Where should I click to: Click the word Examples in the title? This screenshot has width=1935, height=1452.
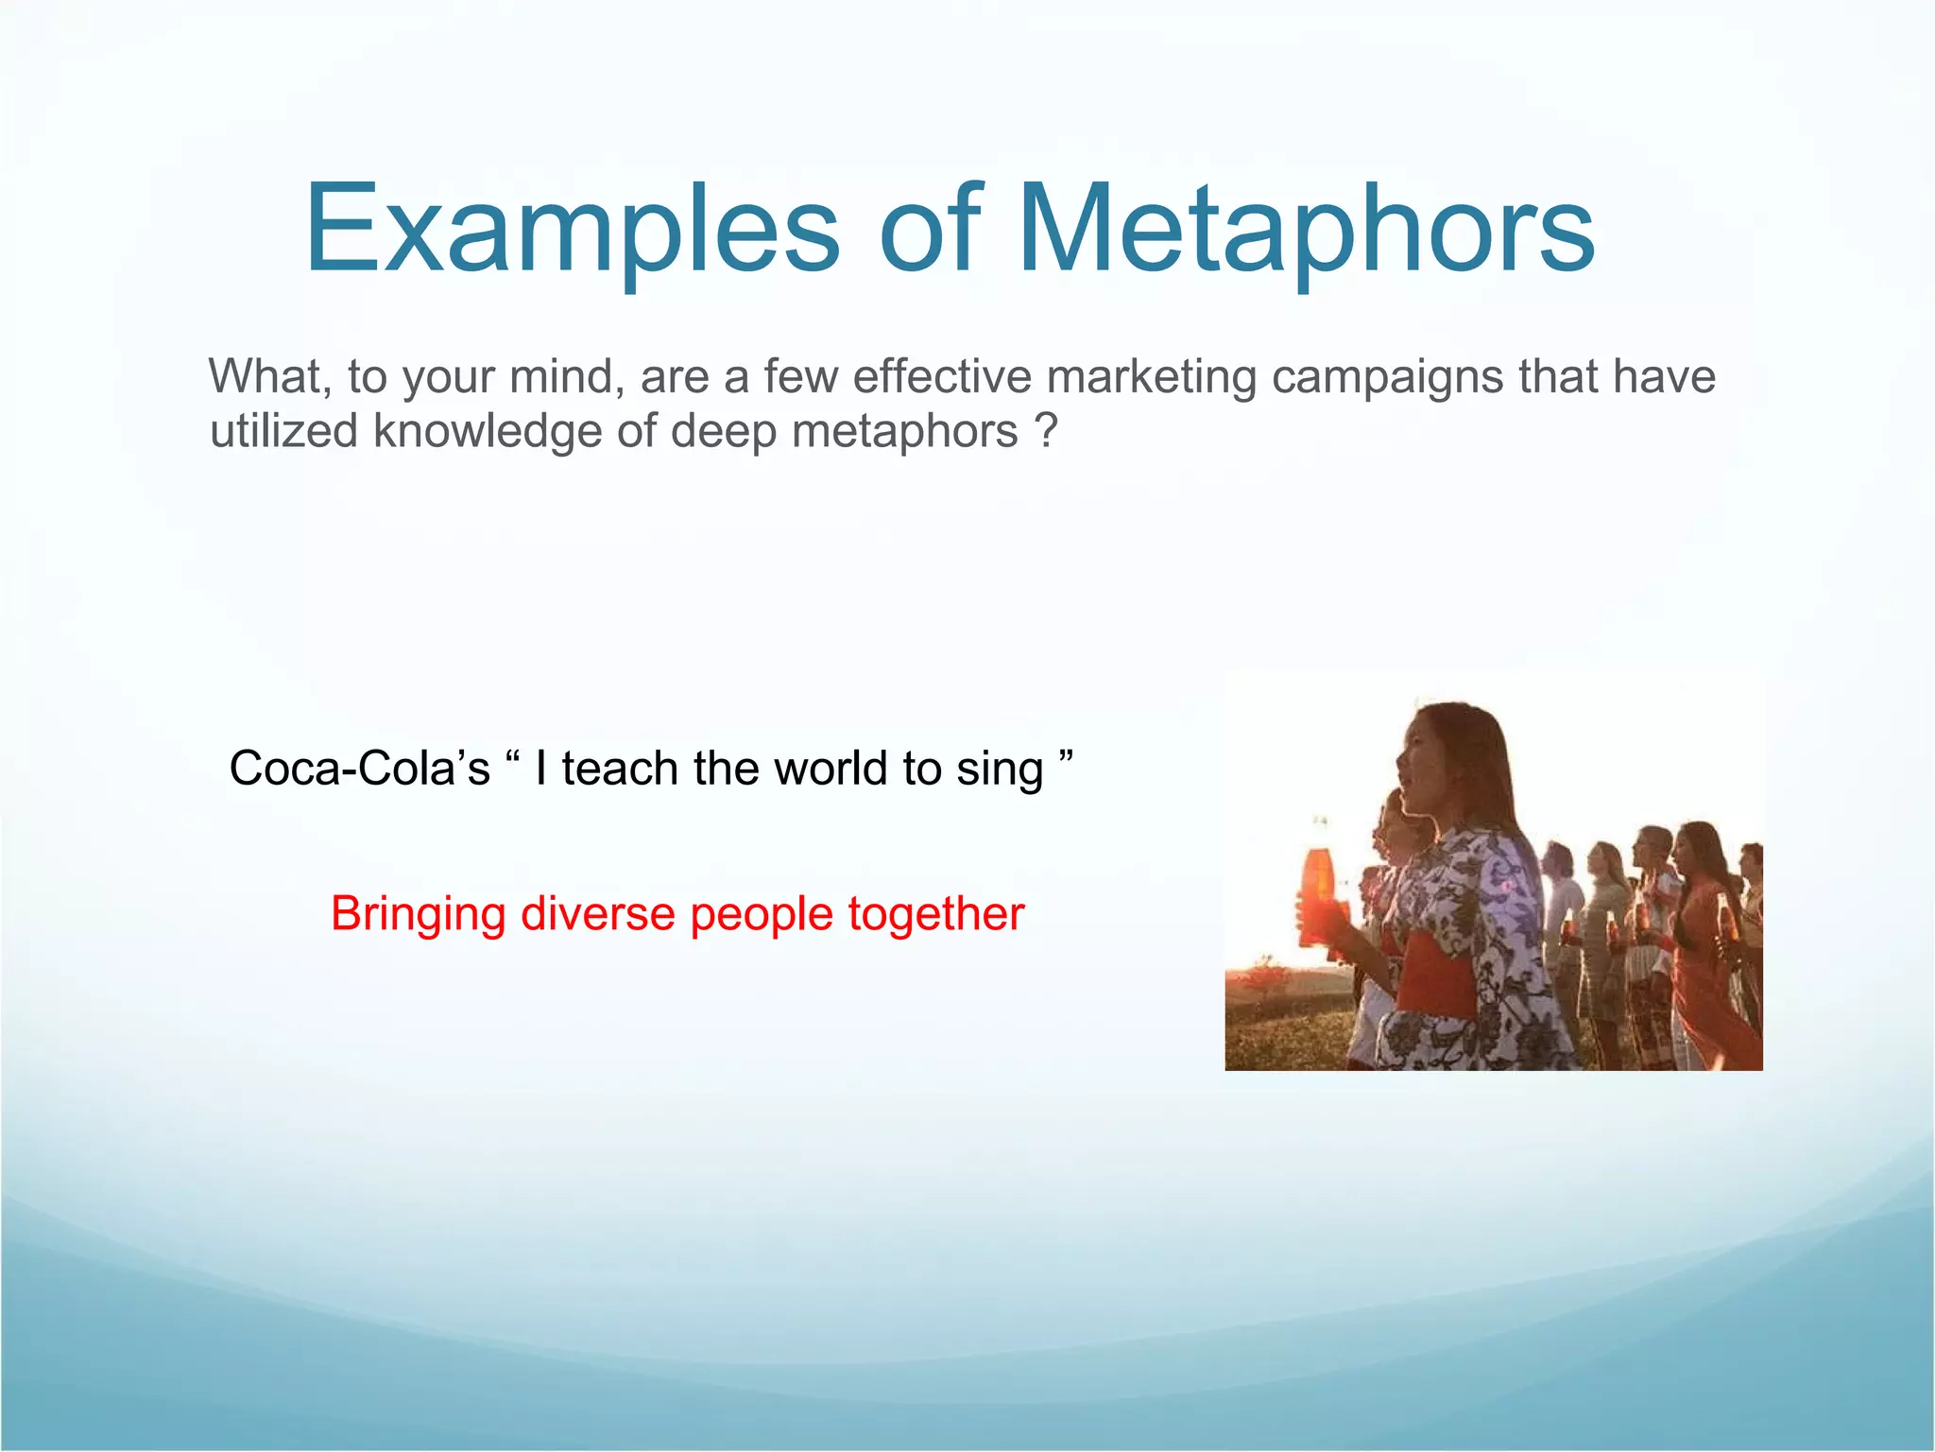coord(571,230)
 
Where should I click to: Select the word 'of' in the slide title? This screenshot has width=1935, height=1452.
coord(931,230)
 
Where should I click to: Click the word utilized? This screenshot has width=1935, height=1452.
coord(283,431)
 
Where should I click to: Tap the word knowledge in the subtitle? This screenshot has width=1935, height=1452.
coord(487,431)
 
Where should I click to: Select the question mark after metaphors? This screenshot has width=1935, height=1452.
coord(1045,431)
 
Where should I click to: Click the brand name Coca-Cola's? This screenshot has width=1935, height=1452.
coord(359,768)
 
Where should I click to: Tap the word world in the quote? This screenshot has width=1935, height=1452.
coord(832,768)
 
